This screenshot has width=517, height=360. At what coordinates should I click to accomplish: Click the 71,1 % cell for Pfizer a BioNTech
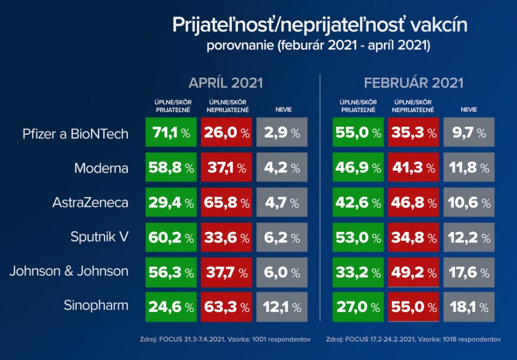[x=170, y=133]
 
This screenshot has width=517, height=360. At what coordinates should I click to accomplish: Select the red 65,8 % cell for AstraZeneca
[x=226, y=203]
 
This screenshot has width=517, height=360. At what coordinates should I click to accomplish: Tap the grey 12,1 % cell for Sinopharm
[x=282, y=307]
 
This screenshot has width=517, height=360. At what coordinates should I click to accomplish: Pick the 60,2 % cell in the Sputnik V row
[x=170, y=237]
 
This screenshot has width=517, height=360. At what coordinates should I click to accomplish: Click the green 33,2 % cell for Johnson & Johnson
[x=358, y=272]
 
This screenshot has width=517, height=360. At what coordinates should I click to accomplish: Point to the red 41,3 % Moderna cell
[x=413, y=168]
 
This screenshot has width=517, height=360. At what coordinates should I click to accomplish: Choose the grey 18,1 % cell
[x=469, y=307]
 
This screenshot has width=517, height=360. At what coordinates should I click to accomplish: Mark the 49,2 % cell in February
[x=413, y=272]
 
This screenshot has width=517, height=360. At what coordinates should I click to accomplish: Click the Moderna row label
[x=101, y=168]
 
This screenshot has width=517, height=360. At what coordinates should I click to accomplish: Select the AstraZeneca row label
[x=90, y=203]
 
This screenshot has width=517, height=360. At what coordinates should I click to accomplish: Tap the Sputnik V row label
[x=100, y=237]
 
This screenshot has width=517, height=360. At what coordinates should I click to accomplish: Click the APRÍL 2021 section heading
[x=225, y=83]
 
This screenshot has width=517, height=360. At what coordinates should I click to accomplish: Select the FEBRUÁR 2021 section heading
[x=414, y=83]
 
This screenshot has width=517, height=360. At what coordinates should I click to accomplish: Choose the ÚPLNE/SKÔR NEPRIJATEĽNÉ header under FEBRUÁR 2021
[x=413, y=106]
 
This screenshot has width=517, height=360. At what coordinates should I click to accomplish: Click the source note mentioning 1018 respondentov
[x=414, y=339]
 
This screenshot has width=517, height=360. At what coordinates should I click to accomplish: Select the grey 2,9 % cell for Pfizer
[x=282, y=133]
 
